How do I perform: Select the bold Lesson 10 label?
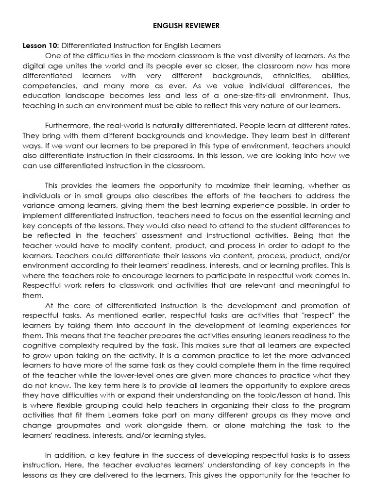point(40,46)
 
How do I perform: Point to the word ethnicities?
point(293,76)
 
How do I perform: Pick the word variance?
point(36,206)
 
